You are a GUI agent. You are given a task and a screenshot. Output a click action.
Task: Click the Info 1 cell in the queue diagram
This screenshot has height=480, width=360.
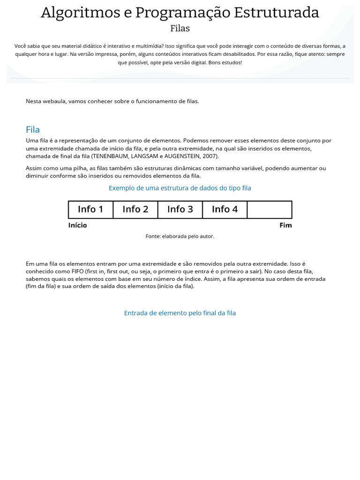(90, 210)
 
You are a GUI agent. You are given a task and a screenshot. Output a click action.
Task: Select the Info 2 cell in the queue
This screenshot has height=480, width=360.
(135, 210)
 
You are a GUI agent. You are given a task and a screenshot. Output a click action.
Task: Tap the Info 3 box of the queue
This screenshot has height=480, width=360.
(180, 210)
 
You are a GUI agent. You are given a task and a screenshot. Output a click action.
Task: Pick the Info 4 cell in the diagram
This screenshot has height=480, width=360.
(225, 210)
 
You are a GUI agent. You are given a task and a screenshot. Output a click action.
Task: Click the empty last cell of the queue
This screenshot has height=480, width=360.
(270, 210)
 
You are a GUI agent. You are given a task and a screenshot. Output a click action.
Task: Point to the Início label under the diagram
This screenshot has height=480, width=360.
(77, 225)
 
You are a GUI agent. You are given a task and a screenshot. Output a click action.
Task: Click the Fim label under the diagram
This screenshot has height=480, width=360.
(285, 225)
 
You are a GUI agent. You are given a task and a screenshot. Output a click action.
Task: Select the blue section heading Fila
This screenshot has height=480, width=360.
(33, 129)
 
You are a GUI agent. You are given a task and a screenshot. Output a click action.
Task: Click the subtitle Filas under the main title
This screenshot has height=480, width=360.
(180, 29)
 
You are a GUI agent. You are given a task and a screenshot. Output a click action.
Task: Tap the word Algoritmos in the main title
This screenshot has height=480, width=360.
(80, 13)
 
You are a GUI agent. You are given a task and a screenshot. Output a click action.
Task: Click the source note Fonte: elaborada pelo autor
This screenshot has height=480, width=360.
(180, 236)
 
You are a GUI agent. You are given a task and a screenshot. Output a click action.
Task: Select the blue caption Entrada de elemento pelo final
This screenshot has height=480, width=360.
(180, 313)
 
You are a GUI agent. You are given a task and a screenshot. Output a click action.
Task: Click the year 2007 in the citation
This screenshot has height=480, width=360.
(210, 156)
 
